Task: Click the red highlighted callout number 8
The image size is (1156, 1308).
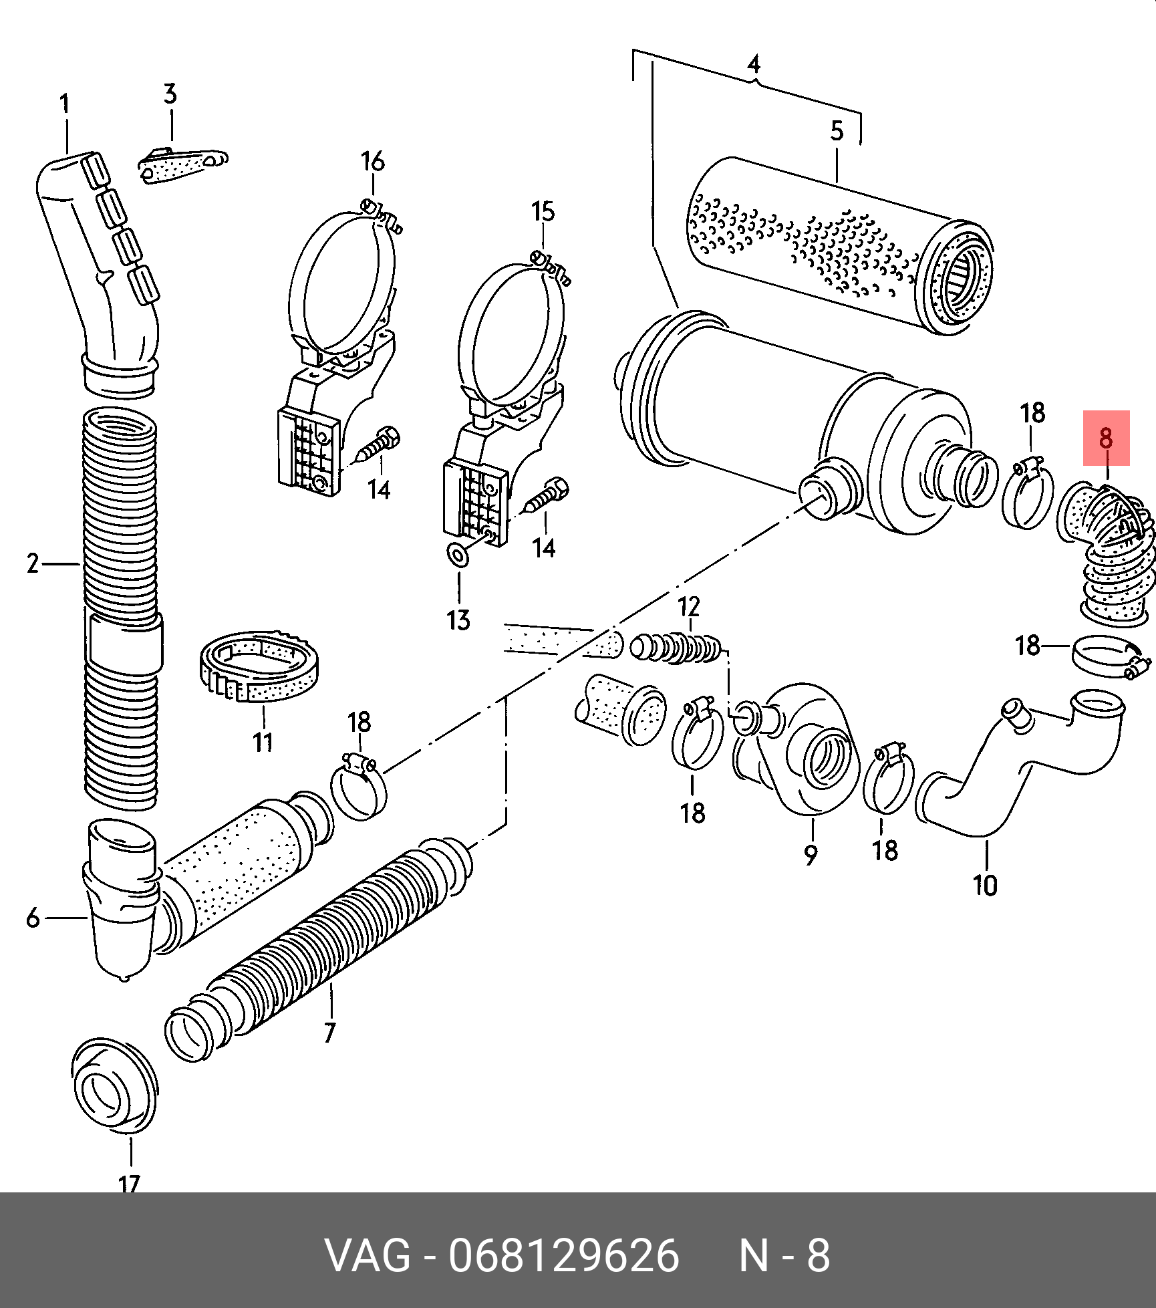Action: (1106, 438)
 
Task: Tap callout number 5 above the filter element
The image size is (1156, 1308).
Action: (837, 131)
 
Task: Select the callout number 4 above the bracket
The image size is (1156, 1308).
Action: (754, 64)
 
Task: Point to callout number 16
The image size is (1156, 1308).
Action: (372, 162)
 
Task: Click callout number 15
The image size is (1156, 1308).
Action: (543, 212)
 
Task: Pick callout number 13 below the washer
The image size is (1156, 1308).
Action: (458, 620)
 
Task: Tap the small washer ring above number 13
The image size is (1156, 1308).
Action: (458, 554)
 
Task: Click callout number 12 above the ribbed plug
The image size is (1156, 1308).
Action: (688, 607)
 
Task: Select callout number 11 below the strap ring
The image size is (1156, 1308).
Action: (263, 742)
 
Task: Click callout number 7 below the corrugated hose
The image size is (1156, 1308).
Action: (329, 1033)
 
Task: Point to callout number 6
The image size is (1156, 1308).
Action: (33, 918)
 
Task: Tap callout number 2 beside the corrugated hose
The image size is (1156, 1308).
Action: (33, 563)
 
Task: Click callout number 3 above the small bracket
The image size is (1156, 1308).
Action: (170, 94)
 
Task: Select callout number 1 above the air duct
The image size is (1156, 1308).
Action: (64, 104)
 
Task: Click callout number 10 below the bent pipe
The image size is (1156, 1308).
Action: (985, 885)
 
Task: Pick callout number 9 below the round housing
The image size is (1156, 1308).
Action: (811, 854)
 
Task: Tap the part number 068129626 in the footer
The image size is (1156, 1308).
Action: (563, 1255)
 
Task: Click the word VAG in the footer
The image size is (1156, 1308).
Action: (368, 1255)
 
